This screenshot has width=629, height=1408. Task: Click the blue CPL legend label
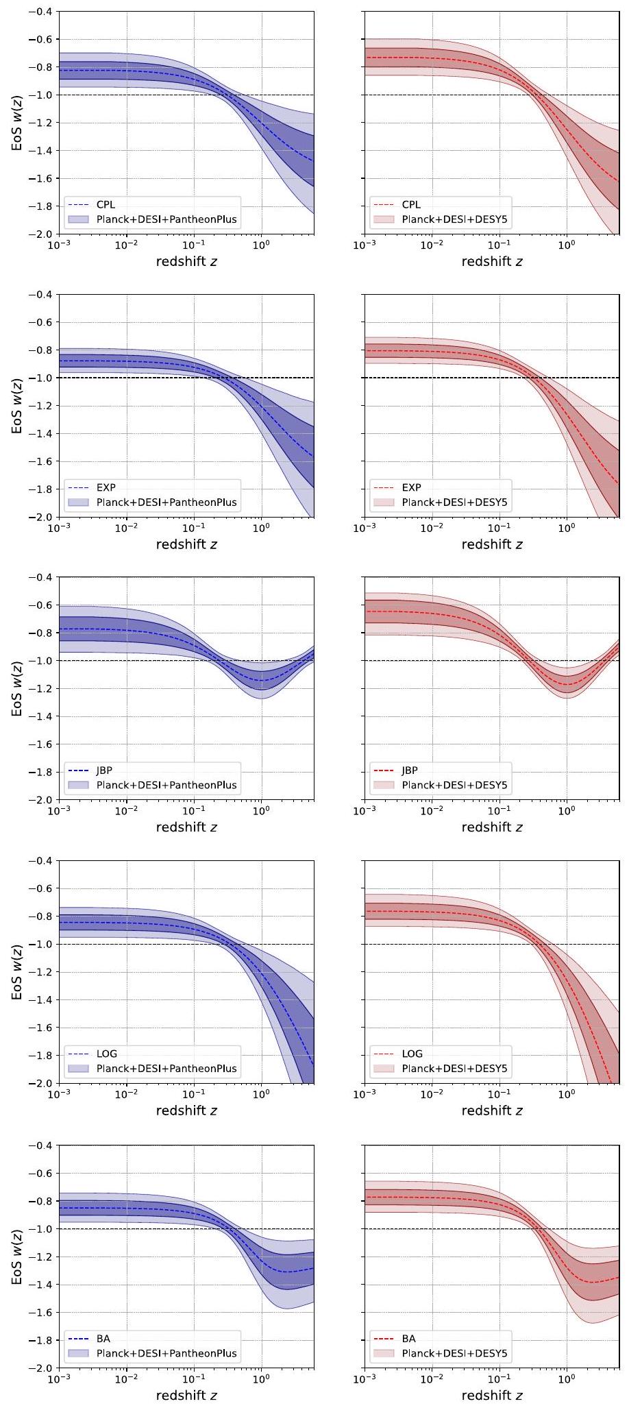[x=106, y=204]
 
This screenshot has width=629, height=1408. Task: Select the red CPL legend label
[x=411, y=204]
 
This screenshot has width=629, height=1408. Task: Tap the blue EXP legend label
[x=106, y=487]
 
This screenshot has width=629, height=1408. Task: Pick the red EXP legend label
[x=411, y=487]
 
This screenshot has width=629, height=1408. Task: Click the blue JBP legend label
[x=104, y=770]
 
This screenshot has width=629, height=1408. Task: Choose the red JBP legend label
[x=410, y=770]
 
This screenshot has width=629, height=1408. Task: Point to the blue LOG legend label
[x=106, y=1054]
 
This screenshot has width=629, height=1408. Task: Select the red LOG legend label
[x=412, y=1054]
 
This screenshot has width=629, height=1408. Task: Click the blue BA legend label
[x=103, y=1338]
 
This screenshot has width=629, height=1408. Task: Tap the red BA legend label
[x=408, y=1338]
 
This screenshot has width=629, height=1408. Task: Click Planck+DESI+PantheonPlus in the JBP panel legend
[x=166, y=785]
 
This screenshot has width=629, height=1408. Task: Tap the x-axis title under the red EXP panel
[x=492, y=544]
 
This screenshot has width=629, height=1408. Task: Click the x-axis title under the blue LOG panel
[x=186, y=1110]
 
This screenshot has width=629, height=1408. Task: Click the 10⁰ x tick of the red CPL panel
[x=567, y=245]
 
